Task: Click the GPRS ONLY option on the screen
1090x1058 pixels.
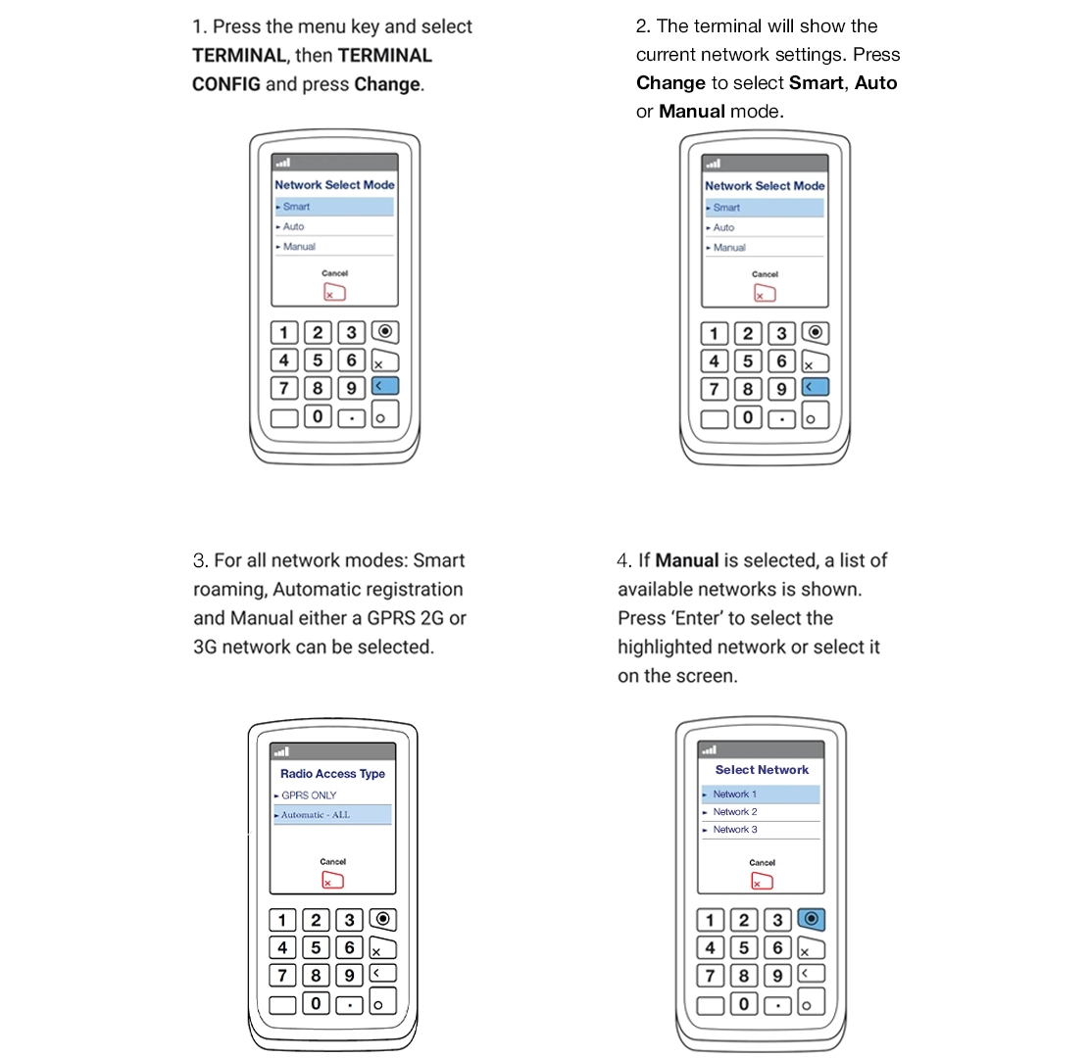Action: [309, 795]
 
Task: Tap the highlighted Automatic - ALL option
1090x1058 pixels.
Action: [315, 815]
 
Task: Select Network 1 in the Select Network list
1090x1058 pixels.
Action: [735, 794]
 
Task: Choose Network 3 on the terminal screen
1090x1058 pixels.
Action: [735, 830]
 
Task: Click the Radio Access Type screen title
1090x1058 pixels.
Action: [332, 774]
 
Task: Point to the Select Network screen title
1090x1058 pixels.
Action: [762, 770]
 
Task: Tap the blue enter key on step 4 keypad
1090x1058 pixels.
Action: [811, 919]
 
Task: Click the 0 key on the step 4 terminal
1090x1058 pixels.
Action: [744, 1004]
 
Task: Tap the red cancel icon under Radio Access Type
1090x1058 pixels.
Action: [332, 881]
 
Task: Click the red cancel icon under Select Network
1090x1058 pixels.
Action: [762, 881]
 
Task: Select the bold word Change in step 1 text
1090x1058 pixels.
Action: [387, 84]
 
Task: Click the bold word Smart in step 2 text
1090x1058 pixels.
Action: [816, 83]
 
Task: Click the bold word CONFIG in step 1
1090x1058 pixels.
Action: [226, 84]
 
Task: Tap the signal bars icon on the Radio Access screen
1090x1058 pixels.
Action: [282, 752]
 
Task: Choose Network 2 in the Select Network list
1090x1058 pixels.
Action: [735, 812]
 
